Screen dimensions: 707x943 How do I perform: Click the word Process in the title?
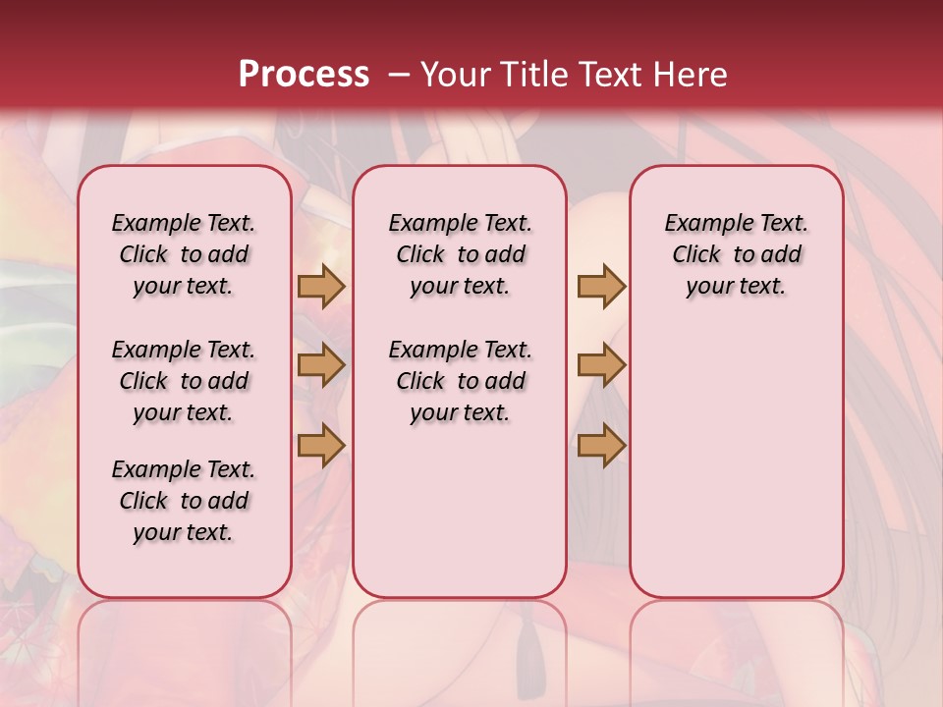(x=304, y=75)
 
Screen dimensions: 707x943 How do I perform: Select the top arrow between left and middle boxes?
(x=321, y=287)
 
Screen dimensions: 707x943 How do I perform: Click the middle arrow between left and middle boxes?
(x=321, y=366)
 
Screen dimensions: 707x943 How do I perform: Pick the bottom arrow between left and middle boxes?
(x=321, y=446)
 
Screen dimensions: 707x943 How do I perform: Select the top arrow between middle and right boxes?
(x=601, y=287)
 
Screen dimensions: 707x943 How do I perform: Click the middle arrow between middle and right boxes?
(x=601, y=366)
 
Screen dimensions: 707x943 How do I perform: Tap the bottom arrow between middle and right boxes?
(x=601, y=446)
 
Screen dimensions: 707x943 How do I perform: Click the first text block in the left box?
(x=184, y=254)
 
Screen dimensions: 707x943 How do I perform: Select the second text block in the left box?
(x=184, y=381)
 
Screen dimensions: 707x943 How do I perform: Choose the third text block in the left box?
(x=184, y=501)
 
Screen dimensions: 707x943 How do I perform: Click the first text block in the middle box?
(x=460, y=254)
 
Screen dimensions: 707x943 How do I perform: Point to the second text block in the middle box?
(x=460, y=381)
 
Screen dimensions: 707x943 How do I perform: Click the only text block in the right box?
(x=736, y=254)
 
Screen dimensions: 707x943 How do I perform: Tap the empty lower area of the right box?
(x=736, y=462)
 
